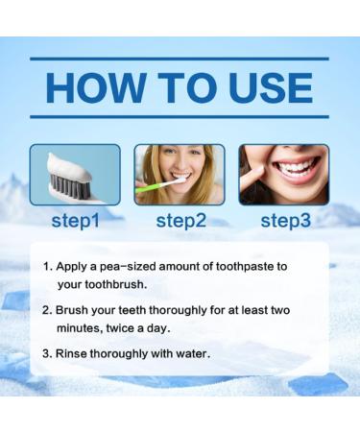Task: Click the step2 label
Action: [180, 220]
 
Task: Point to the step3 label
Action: [285, 220]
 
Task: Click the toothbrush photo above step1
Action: [75, 175]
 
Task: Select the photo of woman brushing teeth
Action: [180, 175]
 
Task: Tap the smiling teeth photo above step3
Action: [284, 175]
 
